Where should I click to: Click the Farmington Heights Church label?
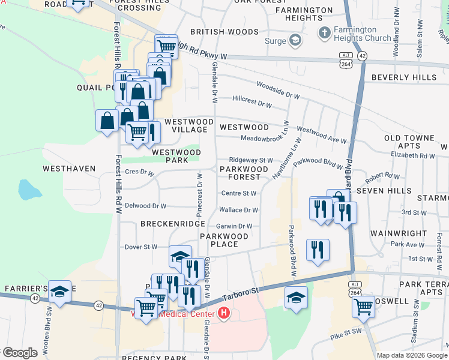[364, 34]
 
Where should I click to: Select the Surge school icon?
[295, 41]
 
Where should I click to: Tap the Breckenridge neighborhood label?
[173, 224]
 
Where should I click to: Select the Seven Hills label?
[383, 190]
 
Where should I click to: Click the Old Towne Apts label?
[409, 142]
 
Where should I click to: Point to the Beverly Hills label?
[404, 77]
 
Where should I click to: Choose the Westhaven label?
[69, 169]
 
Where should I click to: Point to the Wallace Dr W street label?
[239, 210]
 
